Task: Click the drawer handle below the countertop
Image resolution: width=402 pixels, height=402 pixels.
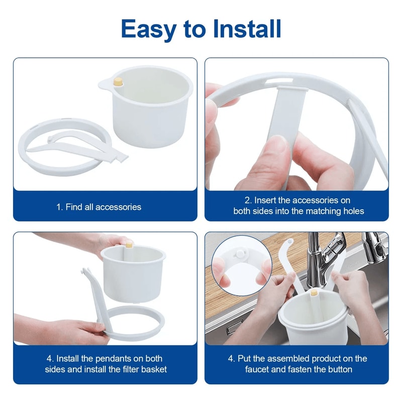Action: point(234,330)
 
